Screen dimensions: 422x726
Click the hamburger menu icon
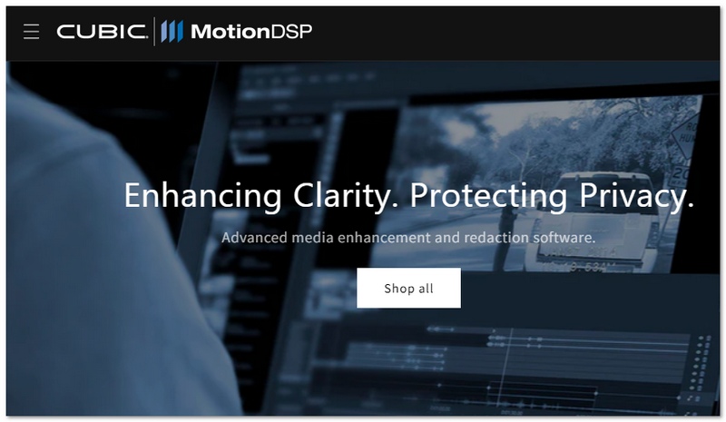coord(32,32)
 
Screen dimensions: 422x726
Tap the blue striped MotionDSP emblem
coord(172,32)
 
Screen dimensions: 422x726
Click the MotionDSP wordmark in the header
coord(251,32)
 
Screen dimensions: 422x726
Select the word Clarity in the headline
coord(348,196)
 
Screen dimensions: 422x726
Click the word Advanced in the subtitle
coord(252,238)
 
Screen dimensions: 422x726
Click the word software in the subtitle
coord(566,238)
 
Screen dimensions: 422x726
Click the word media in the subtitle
coord(309,238)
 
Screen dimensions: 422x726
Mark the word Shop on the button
coord(398,289)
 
